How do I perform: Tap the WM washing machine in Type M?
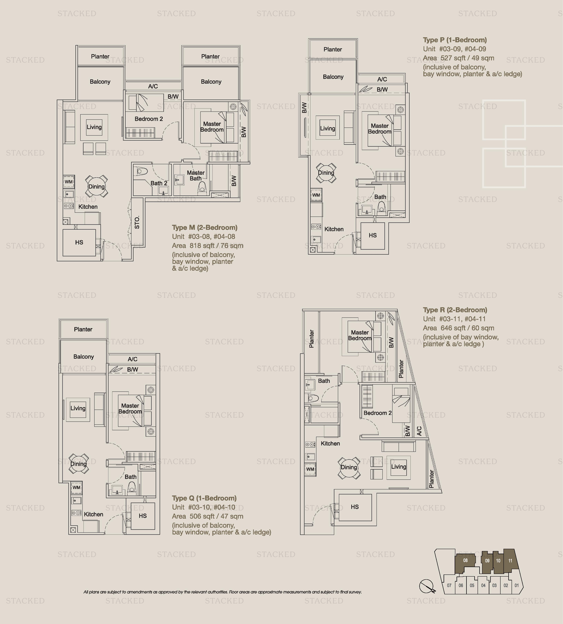tap(69, 182)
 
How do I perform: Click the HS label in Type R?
tap(355, 507)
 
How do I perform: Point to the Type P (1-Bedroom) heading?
tap(455, 40)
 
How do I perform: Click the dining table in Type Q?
tap(79, 464)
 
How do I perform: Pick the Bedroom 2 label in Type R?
tap(377, 413)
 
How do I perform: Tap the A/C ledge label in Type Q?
tap(132, 359)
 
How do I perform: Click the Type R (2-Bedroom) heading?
tap(455, 310)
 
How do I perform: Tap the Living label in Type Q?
tap(78, 408)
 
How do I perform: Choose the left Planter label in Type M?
tap(100, 56)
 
